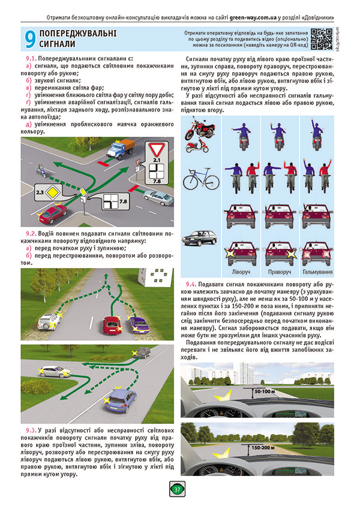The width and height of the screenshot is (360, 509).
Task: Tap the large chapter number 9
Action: click(28, 40)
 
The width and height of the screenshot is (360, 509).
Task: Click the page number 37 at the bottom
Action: click(178, 489)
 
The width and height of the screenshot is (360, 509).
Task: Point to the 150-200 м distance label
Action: click(265, 447)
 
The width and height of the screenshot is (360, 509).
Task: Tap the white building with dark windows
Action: click(153, 275)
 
